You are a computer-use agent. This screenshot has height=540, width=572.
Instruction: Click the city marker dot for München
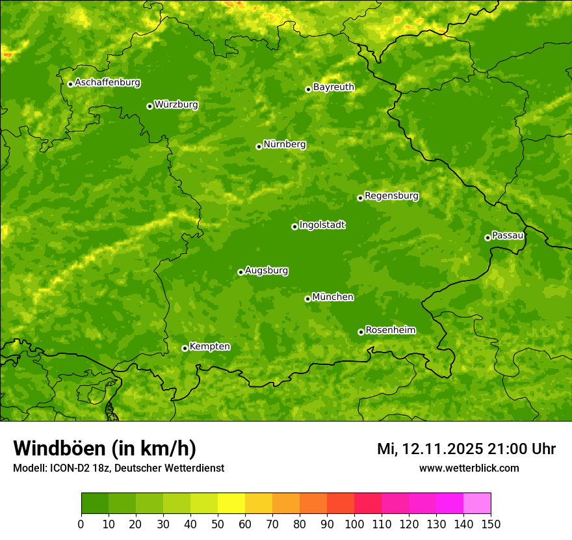307,299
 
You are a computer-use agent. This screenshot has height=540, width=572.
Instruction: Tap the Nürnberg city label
284,144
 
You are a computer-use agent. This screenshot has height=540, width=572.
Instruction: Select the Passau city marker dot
487,237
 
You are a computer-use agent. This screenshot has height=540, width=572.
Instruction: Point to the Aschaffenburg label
107,83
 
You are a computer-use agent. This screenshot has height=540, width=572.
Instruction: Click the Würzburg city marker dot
149,106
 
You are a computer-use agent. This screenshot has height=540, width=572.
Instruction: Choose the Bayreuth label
333,87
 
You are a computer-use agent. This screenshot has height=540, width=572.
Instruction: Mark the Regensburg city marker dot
360,198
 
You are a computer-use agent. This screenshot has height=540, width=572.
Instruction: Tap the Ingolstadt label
322,225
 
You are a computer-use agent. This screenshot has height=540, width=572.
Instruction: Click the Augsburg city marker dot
240,272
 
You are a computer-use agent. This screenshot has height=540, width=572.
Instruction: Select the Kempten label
209,347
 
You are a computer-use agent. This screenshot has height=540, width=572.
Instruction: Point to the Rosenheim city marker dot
361,332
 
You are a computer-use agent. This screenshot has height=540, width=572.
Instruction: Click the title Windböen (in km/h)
104,448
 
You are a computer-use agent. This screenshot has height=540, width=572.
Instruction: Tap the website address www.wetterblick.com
469,468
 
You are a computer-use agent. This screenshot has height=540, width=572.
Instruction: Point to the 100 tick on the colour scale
354,523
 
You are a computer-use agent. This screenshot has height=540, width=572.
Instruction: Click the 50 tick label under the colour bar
218,523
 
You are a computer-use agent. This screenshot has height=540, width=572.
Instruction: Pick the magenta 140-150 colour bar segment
477,503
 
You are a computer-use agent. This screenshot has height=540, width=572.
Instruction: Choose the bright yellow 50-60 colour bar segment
231,503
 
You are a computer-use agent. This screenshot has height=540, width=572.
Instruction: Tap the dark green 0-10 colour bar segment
95,503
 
